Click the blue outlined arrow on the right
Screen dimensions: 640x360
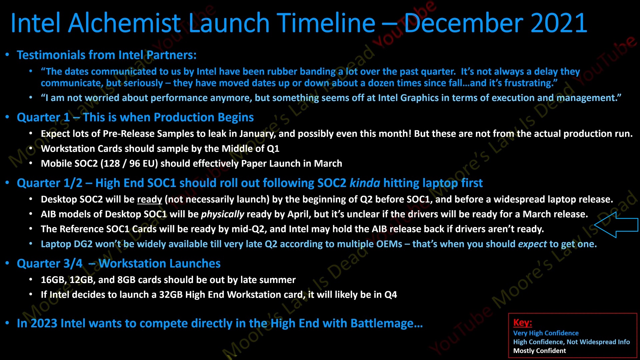point(616,225)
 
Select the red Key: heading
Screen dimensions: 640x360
point(522,323)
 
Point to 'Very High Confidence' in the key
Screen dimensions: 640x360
point(546,333)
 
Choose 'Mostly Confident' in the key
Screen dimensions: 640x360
point(539,351)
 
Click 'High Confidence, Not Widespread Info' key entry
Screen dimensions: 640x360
point(571,342)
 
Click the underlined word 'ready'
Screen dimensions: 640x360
point(150,199)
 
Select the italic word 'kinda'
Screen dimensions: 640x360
point(365,183)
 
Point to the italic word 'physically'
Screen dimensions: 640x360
point(222,214)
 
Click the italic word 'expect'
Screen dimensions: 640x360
point(532,244)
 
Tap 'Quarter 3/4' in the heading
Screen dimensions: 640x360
point(50,264)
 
